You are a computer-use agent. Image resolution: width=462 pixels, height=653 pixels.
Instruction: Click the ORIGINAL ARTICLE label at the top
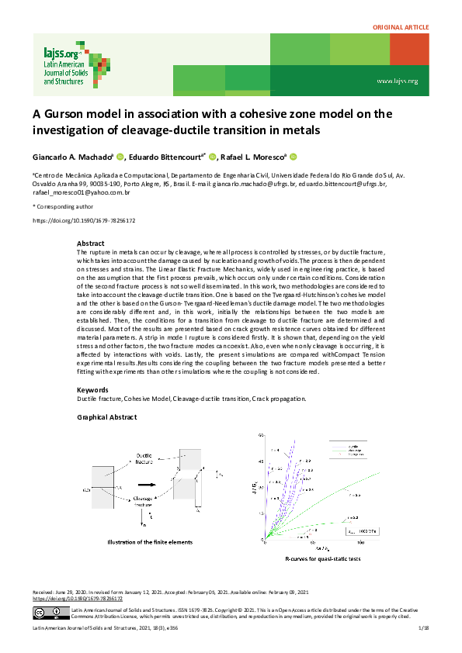pyautogui.click(x=401, y=27)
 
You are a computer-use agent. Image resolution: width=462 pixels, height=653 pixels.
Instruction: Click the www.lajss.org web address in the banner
pyautogui.click(x=397, y=81)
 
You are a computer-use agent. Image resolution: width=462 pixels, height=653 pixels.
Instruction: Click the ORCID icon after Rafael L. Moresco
pyautogui.click(x=294, y=157)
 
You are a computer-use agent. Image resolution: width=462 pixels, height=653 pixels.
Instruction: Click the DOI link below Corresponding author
pyautogui.click(x=84, y=221)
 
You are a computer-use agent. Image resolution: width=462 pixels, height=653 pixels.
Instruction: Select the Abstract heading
pyautogui.click(x=91, y=244)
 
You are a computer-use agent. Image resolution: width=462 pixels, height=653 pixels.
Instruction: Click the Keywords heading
pyautogui.click(x=93, y=389)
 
